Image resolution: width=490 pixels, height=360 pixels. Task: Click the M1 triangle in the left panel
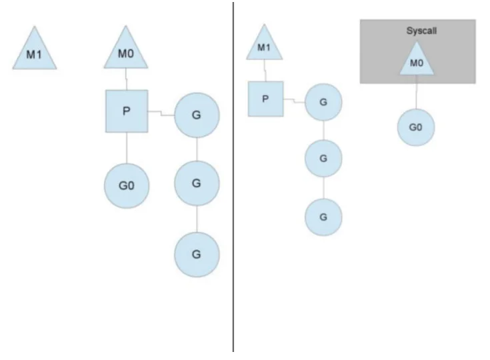point(35,51)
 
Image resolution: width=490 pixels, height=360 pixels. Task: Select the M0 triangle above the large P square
point(125,51)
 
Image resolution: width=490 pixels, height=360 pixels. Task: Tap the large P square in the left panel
point(127,111)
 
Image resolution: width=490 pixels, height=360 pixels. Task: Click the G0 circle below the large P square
point(127,185)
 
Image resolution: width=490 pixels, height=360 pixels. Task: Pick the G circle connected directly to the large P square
point(197,115)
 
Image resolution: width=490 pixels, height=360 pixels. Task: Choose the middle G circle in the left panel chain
point(197,183)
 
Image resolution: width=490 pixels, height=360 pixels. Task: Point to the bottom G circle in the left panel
point(197,255)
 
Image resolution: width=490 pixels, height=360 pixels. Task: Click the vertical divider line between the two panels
point(233,177)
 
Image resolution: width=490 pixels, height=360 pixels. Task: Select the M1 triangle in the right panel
point(264,45)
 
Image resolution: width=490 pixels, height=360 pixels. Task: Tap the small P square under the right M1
point(265,99)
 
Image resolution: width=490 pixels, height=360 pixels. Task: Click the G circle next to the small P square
point(323,102)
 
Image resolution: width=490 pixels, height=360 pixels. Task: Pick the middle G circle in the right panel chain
point(323,159)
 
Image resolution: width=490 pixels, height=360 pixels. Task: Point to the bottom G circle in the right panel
point(323,217)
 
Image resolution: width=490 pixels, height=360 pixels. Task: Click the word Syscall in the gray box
point(421,31)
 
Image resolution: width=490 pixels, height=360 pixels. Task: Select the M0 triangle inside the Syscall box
point(417,60)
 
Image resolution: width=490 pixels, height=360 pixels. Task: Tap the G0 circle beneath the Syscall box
point(416,127)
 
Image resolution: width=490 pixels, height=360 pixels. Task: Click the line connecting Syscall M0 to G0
point(416,92)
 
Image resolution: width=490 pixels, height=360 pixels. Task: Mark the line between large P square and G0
point(127,148)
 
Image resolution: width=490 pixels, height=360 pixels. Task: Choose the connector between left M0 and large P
point(126,79)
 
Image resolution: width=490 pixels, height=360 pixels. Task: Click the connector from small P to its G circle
point(294,101)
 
